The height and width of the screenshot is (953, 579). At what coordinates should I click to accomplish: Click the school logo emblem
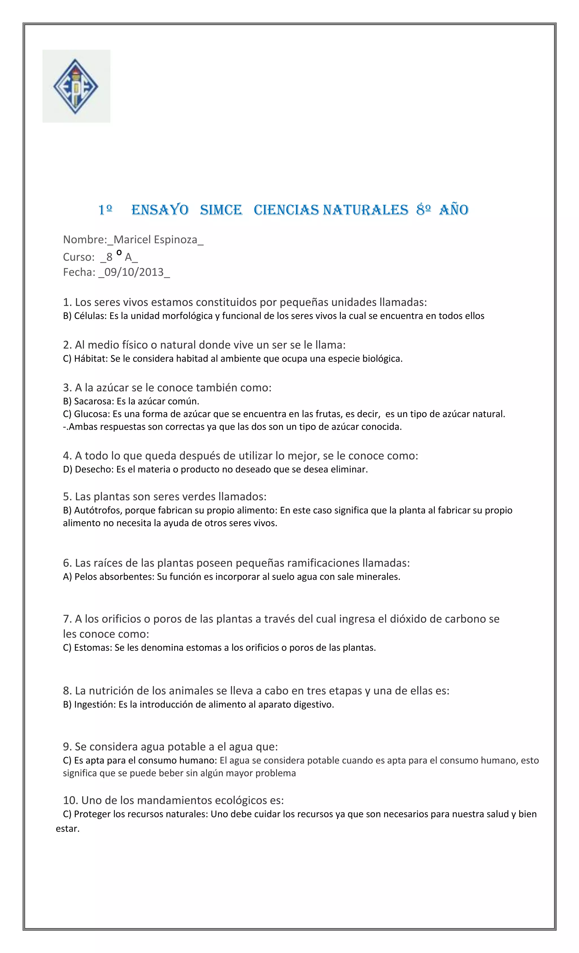click(76, 86)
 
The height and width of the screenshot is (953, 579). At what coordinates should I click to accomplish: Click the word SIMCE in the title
click(221, 210)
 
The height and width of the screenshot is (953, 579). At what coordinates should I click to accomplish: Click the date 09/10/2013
click(134, 272)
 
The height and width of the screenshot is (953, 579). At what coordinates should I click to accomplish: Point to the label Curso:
click(79, 257)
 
